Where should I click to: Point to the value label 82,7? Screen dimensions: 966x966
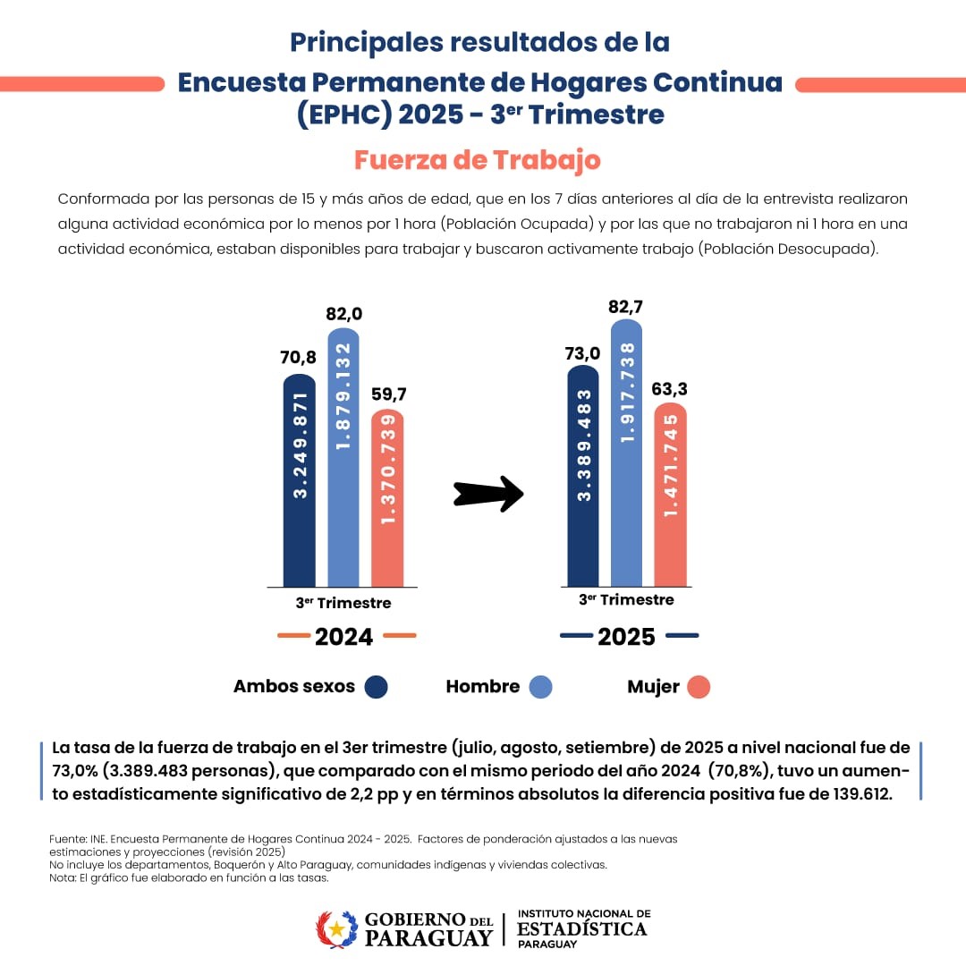pyautogui.click(x=626, y=307)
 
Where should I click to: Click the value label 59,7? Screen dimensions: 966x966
pyautogui.click(x=387, y=394)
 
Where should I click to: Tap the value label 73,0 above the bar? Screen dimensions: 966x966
pyautogui.click(x=582, y=352)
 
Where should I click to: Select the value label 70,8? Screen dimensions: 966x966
pyautogui.click(x=299, y=358)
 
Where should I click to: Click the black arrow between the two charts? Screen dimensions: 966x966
pyautogui.click(x=487, y=492)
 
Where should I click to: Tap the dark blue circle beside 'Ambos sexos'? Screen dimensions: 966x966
pyautogui.click(x=376, y=687)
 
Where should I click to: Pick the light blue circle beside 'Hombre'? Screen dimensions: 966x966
pyautogui.click(x=540, y=687)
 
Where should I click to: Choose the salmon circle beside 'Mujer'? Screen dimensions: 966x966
pyautogui.click(x=699, y=687)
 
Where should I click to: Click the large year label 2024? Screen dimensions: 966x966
pyautogui.click(x=344, y=637)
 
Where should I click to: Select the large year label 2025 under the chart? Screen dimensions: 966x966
pyautogui.click(x=626, y=637)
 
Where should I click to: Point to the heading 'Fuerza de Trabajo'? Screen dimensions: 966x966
pyautogui.click(x=477, y=160)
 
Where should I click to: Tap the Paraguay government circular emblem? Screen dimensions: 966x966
pyautogui.click(x=336, y=929)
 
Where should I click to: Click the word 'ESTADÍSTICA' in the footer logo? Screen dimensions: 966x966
pyautogui.click(x=582, y=929)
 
